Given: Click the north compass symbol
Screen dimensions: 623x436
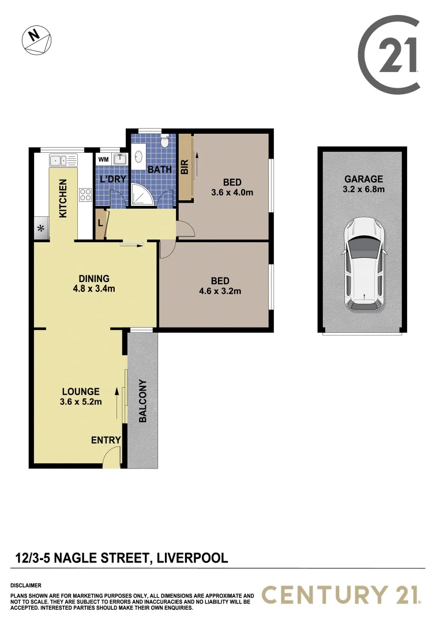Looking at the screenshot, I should click(x=37, y=40).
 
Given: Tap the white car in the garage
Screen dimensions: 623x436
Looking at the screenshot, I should click(x=363, y=264).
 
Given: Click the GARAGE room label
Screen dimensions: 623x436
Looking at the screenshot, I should click(x=363, y=179).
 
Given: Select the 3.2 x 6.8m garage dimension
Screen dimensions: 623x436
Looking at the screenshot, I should click(x=363, y=189).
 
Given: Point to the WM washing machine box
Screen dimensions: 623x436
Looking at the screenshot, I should click(x=104, y=159).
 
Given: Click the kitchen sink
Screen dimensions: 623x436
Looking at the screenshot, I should click(x=63, y=160).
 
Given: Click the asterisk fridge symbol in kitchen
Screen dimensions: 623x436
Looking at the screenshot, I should click(x=41, y=228).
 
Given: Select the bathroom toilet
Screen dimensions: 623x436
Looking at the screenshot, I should click(x=164, y=142).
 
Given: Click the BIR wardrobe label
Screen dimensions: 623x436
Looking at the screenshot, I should click(x=185, y=167).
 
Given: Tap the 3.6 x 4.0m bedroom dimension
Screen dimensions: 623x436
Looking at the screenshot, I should click(x=232, y=193).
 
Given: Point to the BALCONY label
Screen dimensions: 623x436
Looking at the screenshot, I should click(x=142, y=401).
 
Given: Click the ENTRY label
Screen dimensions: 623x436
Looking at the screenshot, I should click(x=106, y=440).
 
